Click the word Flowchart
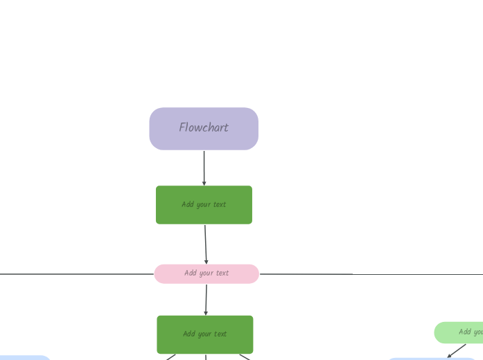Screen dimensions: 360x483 point(204,128)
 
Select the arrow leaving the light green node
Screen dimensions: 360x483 point(457,350)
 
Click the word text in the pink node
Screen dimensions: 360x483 point(222,273)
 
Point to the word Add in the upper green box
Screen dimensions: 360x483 point(188,205)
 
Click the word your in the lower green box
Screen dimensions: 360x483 point(206,334)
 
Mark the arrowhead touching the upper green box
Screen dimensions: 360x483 point(204,183)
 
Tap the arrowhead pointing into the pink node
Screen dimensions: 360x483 point(207,262)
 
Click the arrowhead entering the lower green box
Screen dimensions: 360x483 point(206,313)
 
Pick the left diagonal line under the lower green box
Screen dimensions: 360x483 point(170,357)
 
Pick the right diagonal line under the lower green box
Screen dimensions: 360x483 point(245,357)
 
